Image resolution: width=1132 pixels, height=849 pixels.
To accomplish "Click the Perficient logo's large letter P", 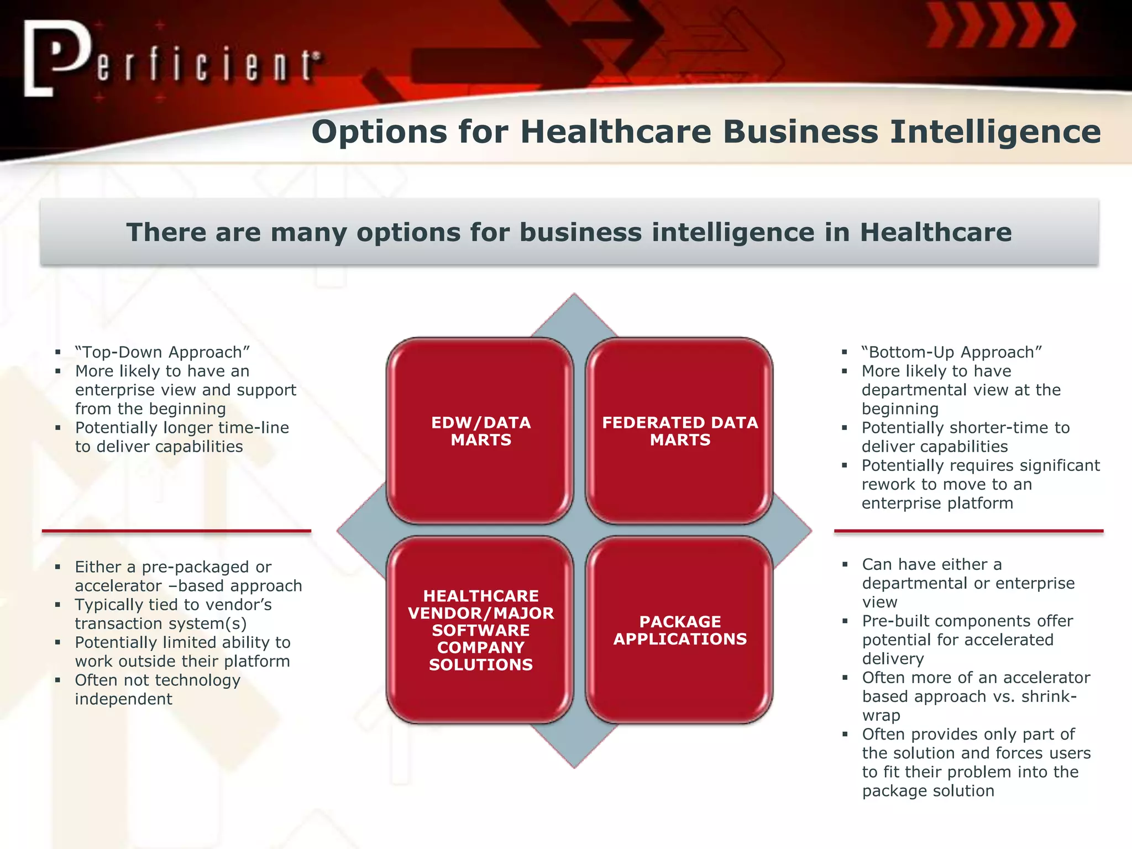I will [x=61, y=55].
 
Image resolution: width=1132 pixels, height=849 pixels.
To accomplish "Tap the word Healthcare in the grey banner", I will [x=935, y=232].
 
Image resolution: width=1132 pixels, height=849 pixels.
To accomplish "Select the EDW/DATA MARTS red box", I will [x=480, y=431].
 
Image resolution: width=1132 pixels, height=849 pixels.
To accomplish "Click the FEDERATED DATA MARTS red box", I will [x=679, y=431].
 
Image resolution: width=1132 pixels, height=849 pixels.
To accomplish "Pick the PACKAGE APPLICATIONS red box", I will [x=679, y=630].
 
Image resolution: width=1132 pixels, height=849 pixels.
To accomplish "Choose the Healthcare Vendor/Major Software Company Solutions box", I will [x=480, y=630].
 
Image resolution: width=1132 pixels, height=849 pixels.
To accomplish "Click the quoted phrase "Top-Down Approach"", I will [x=163, y=353].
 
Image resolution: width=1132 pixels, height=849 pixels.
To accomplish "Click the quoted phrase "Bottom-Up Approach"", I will [x=951, y=353].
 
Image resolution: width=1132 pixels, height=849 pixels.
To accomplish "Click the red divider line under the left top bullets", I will [x=176, y=531].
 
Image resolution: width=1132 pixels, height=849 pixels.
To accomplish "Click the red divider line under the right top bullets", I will [x=968, y=531].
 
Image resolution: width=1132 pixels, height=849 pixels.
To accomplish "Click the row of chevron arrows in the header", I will [x=1000, y=25].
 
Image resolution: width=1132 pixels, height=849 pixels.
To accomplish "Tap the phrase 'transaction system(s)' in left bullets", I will [x=160, y=623].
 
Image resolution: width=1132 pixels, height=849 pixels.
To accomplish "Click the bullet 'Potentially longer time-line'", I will [x=182, y=428].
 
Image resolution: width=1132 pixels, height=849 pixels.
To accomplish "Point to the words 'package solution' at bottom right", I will [x=928, y=791].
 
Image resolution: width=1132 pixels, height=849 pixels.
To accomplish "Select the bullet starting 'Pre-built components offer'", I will [x=967, y=621].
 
